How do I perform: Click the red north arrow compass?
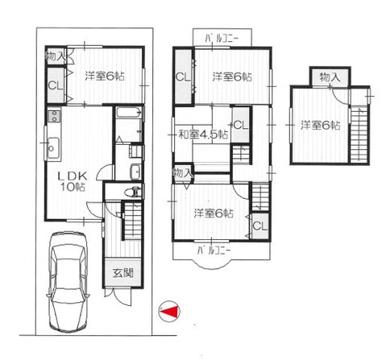click(x=169, y=312)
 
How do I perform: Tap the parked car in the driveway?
click(x=68, y=282)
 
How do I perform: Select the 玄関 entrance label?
click(x=123, y=273)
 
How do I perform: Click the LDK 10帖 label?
click(x=73, y=181)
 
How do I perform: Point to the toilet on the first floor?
click(x=133, y=192)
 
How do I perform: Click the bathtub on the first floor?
click(x=129, y=112)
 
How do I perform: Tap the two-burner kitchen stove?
click(x=55, y=117)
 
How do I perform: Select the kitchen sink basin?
click(x=53, y=147)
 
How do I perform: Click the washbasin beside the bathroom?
click(x=135, y=172)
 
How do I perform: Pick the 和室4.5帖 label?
click(x=204, y=134)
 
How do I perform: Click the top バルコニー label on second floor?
click(x=222, y=39)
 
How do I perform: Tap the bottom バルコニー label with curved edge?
click(x=214, y=251)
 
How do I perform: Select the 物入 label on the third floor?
click(x=330, y=77)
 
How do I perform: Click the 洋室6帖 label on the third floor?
click(x=321, y=126)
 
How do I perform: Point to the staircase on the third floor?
click(x=359, y=134)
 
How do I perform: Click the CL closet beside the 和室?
click(x=241, y=125)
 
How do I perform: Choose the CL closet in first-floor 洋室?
click(x=56, y=85)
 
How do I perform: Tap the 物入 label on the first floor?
click(x=56, y=56)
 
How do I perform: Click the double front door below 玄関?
click(x=118, y=296)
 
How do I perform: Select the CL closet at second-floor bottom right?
click(x=260, y=226)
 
